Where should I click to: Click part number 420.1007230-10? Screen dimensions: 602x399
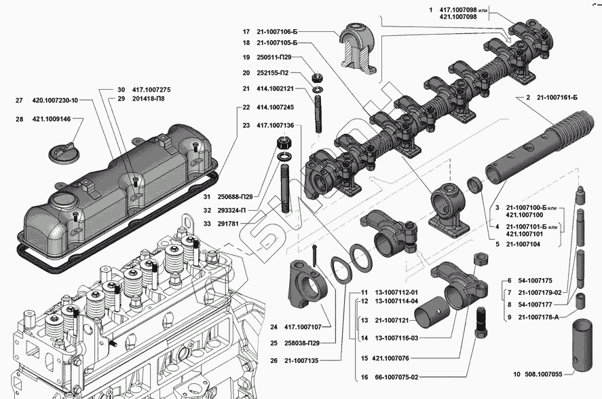coord(55,101)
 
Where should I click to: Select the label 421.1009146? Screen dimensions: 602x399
coord(52,119)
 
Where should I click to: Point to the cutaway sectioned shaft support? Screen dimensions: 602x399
coord(358,48)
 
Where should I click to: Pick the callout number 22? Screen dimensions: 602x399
coord(246,107)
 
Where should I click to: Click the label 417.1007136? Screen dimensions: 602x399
coord(276,125)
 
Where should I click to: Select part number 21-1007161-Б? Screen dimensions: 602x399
coord(557,98)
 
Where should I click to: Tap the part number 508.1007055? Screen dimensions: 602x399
coord(542,374)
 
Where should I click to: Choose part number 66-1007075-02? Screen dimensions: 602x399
coord(396,377)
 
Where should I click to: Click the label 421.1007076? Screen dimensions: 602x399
coord(390,358)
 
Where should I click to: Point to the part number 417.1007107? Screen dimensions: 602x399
coord(303,327)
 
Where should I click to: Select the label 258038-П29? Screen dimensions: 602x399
coord(302,343)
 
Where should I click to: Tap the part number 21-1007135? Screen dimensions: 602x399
coord(301,360)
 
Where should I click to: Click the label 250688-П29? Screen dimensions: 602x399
coord(235,197)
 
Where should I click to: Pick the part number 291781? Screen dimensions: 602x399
coord(228,224)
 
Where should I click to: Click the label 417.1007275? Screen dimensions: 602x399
coord(151,90)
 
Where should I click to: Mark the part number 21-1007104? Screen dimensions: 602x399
coord(523,244)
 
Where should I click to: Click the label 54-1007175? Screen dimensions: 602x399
coord(535,281)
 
